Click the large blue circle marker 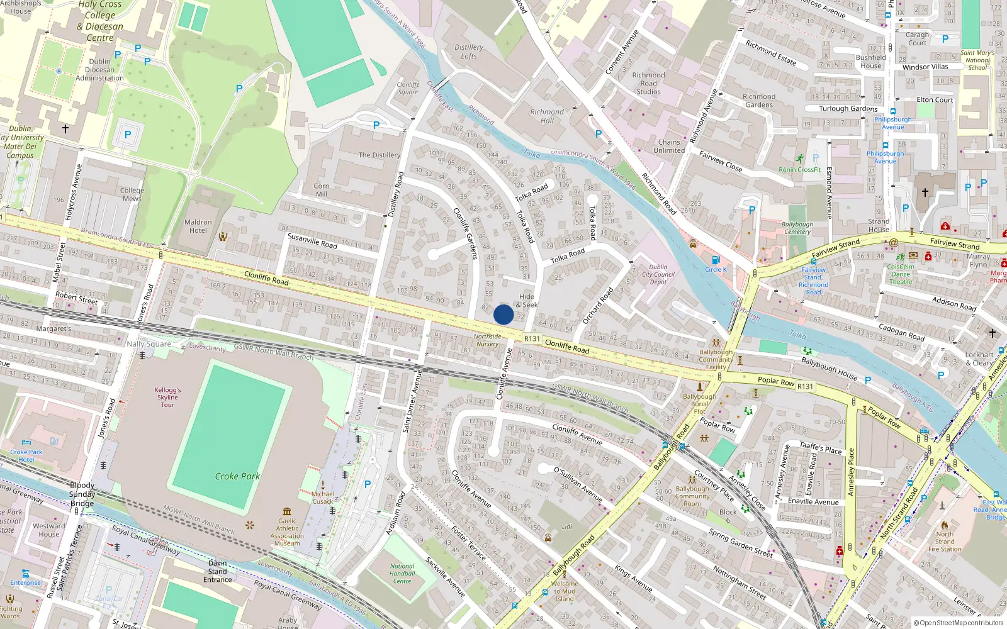503,314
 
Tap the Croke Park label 237,476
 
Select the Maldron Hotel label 198,226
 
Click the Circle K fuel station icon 715,260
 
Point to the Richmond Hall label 547,116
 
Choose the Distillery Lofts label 469,52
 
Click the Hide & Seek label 527,301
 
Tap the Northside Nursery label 488,340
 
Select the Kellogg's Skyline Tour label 167,398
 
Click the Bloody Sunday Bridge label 82,494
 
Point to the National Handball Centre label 402,573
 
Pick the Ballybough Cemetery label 797,228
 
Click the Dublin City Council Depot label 658,274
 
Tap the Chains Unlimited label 669,147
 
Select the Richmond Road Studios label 648,83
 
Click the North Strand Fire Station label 945,542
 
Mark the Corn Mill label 322,190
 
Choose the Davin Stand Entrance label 218,571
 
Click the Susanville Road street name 312,240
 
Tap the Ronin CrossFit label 800,169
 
